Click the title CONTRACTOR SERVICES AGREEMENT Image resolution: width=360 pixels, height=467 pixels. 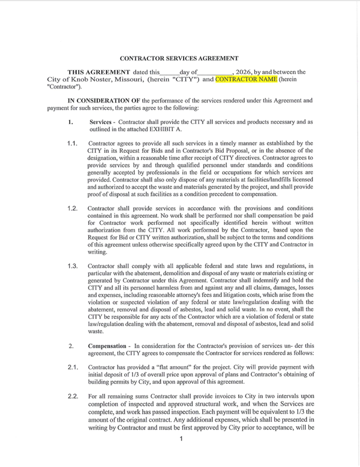[x=179, y=57]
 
